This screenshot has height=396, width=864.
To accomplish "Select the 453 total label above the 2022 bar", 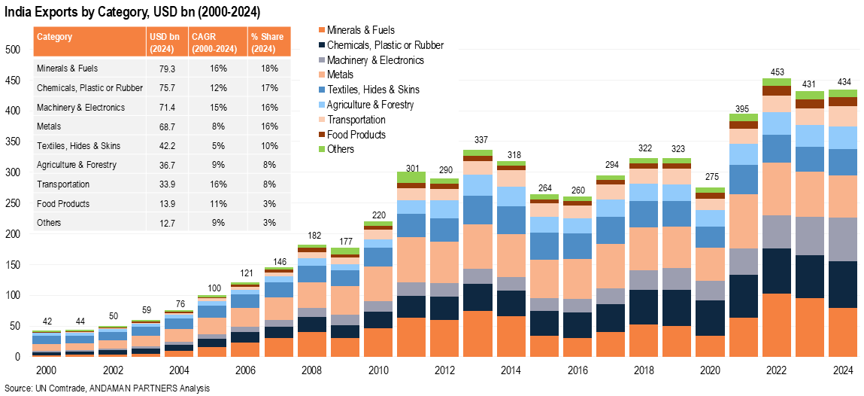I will (776, 72).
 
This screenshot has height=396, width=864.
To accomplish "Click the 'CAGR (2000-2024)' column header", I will (217, 43).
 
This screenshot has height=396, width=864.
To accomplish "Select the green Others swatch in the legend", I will (322, 149).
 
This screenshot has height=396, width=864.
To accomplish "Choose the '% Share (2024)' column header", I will (267, 43).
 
